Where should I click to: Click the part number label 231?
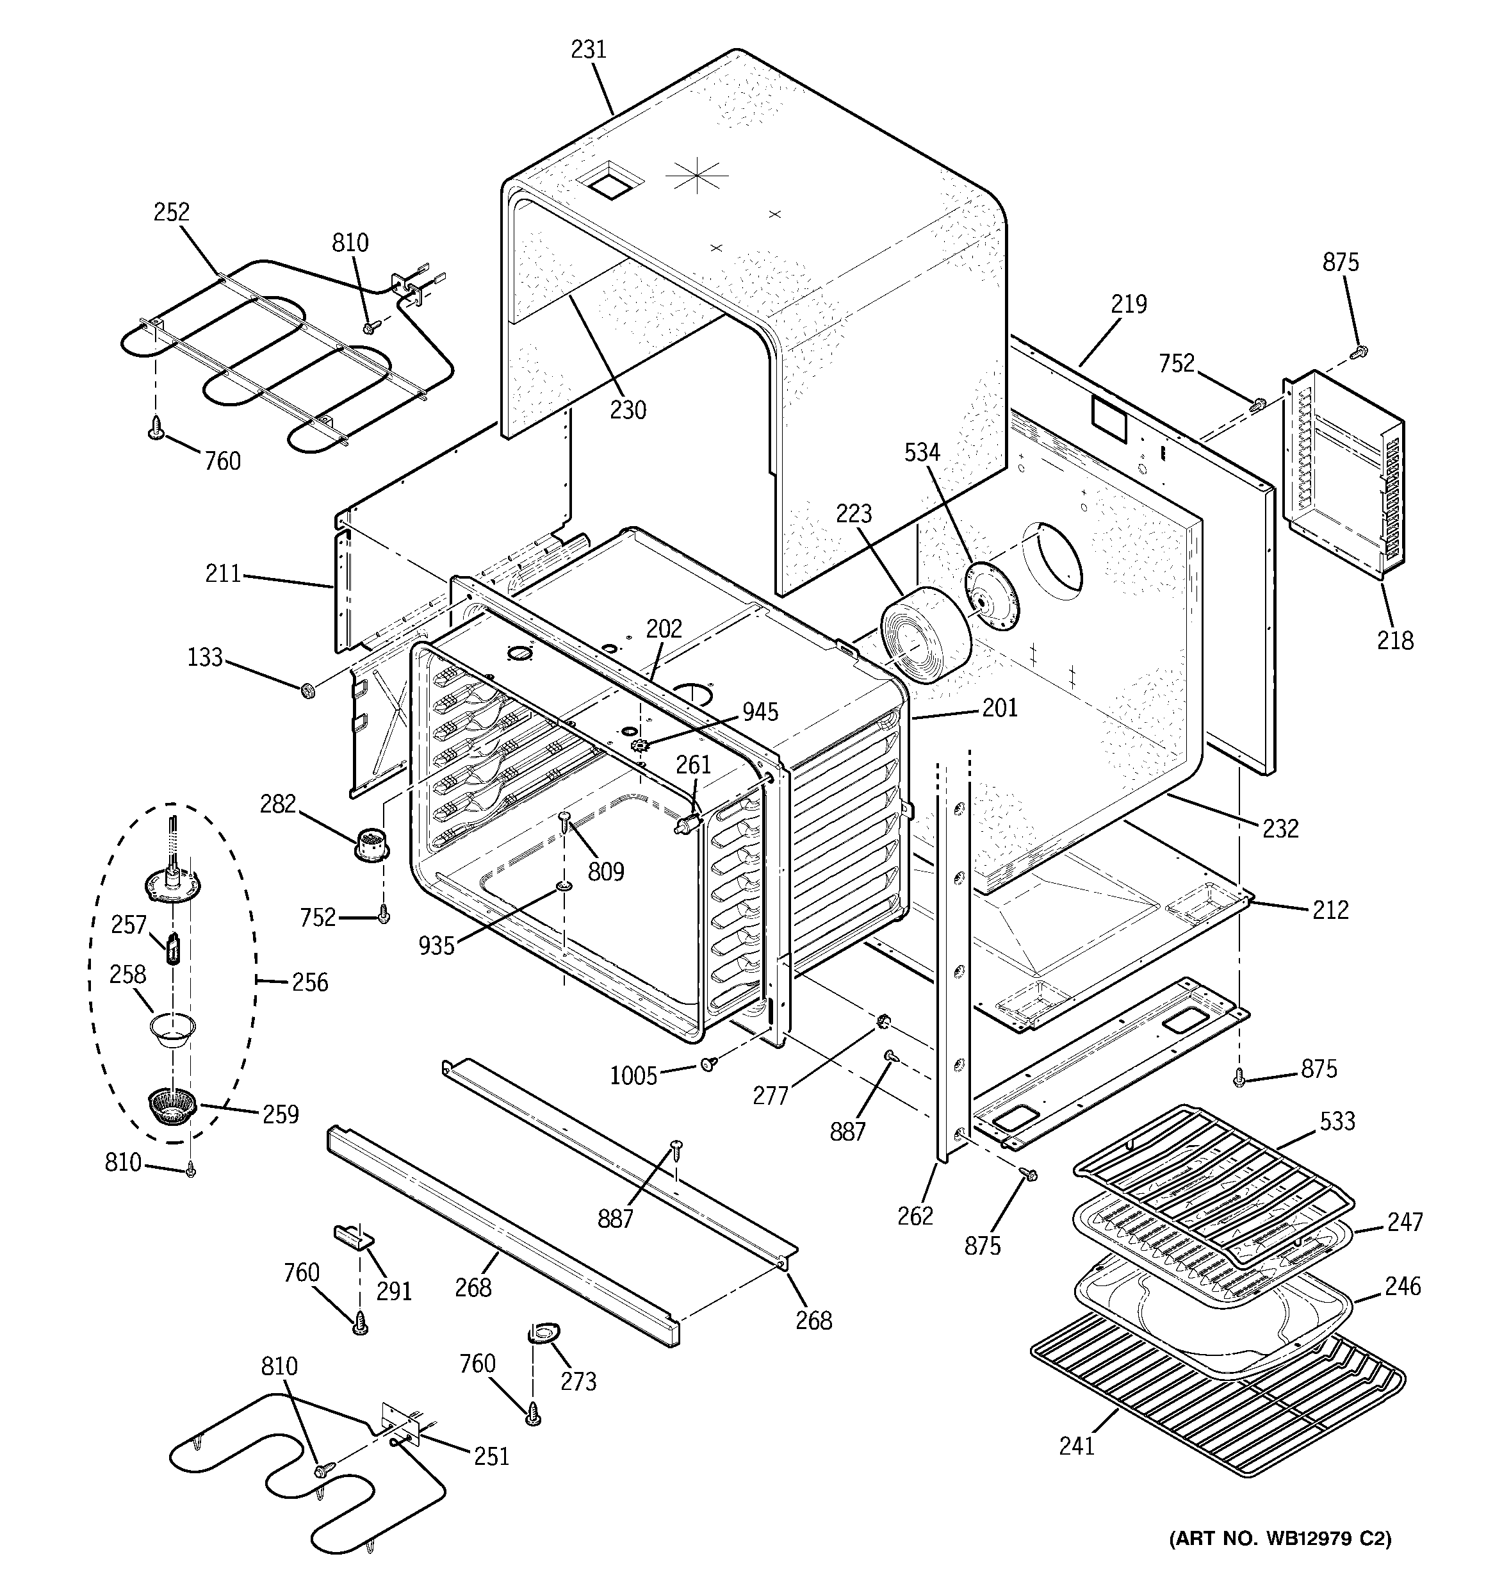(x=588, y=49)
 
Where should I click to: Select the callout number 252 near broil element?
(x=172, y=212)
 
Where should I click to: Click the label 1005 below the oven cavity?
(x=633, y=1075)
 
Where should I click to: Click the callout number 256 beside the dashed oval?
(x=309, y=982)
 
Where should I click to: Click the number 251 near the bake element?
(x=491, y=1456)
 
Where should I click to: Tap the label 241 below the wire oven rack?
(x=1076, y=1446)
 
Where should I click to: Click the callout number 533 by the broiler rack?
(x=1337, y=1121)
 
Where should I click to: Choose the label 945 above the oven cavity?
(x=760, y=712)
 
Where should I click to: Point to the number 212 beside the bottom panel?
(x=1330, y=909)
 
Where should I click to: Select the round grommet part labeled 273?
(x=544, y=1332)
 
